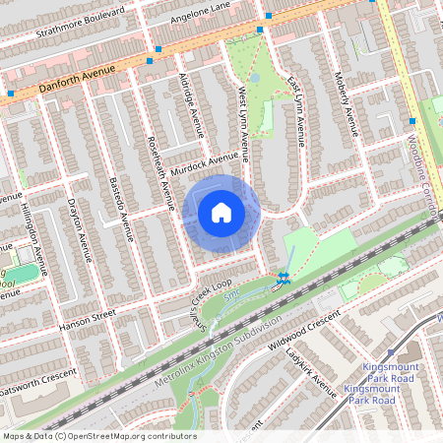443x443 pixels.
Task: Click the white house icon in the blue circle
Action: [x=221, y=213]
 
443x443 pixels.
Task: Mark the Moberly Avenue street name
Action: [x=346, y=108]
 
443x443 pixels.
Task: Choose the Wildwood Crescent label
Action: [x=306, y=340]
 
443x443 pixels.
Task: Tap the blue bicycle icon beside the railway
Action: [x=284, y=279]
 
